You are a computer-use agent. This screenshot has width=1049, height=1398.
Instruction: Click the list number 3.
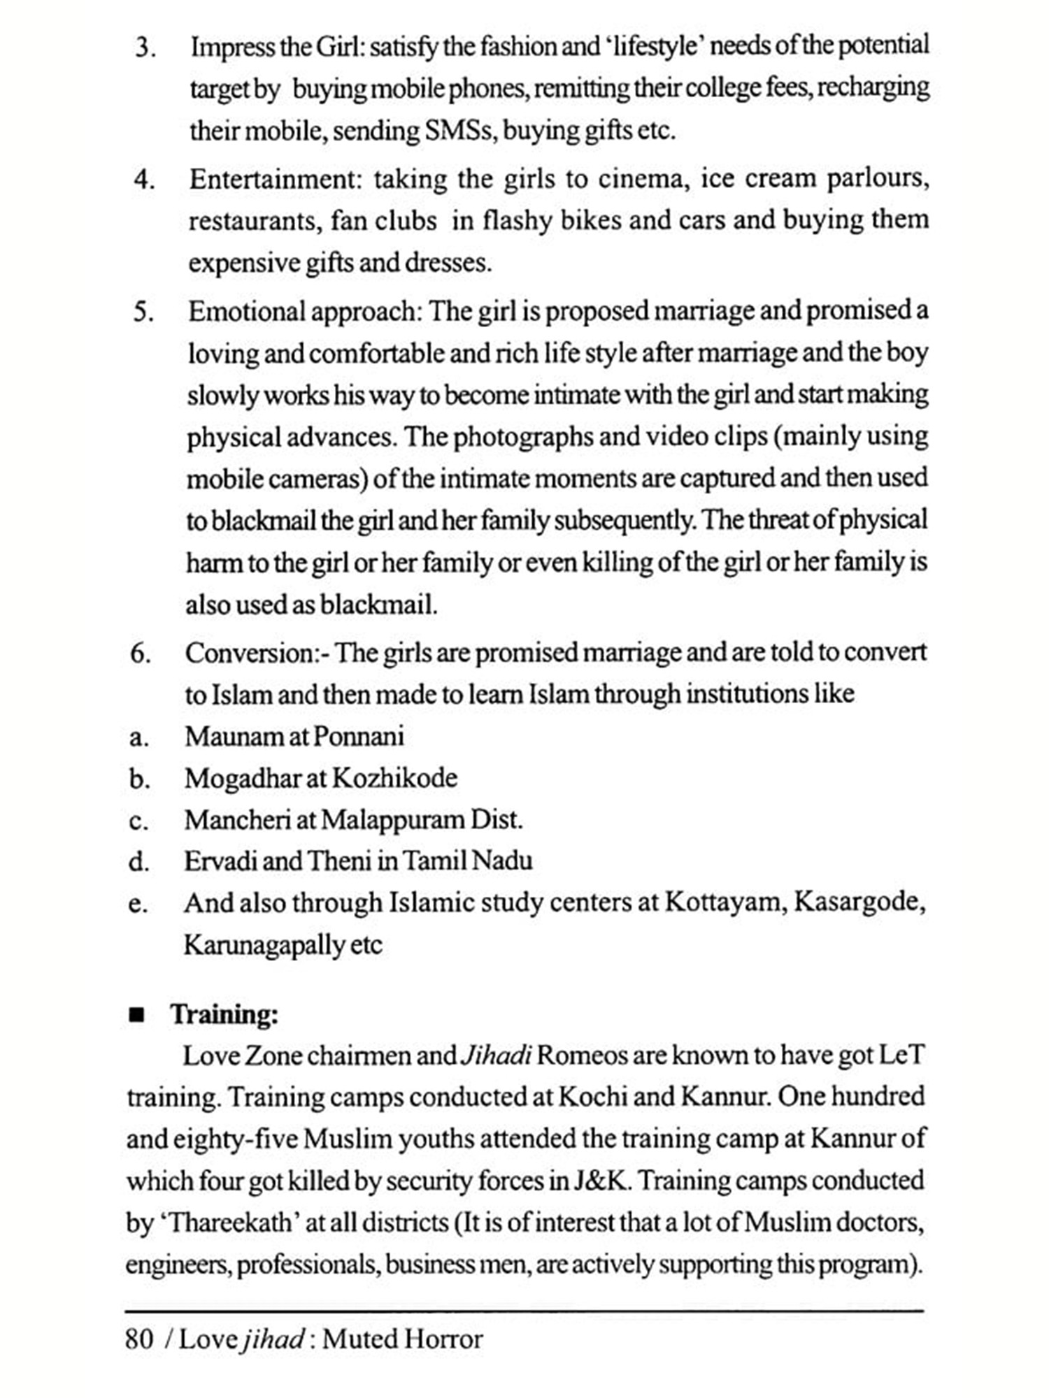144,48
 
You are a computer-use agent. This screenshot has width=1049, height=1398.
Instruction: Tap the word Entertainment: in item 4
273,180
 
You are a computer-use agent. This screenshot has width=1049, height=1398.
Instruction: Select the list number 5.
143,312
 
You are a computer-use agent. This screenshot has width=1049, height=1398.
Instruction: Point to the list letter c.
138,821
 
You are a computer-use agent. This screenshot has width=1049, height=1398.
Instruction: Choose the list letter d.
138,862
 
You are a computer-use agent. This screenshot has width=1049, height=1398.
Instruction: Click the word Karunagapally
263,945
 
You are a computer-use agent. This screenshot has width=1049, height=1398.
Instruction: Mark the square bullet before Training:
136,1015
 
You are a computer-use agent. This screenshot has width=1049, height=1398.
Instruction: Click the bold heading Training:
224,1014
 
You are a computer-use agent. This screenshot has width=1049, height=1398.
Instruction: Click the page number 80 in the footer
139,1339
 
